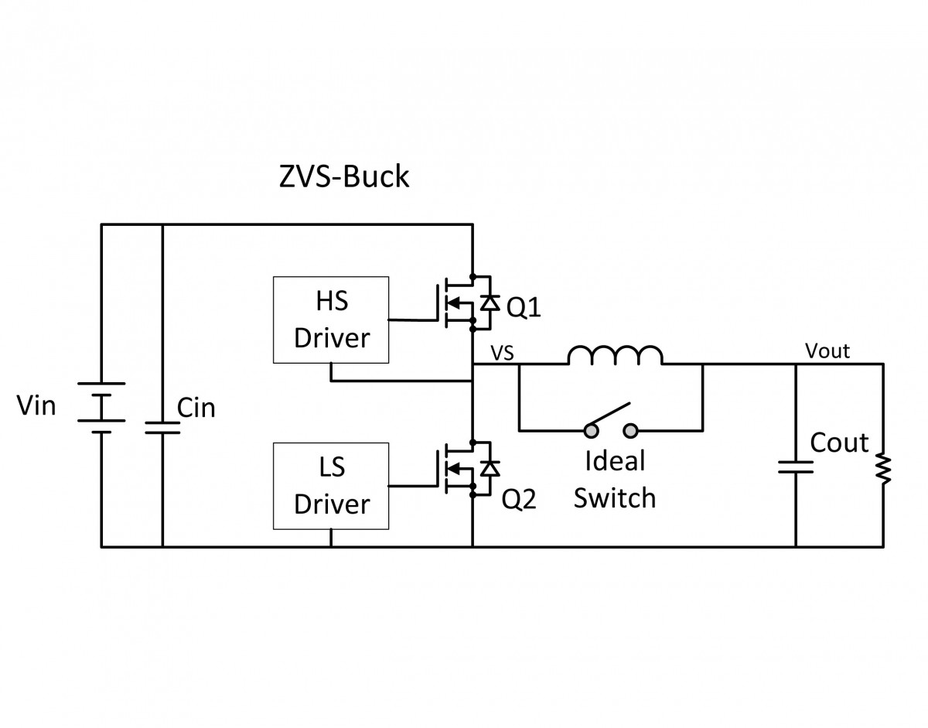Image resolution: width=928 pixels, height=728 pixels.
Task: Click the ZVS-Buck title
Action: click(x=343, y=177)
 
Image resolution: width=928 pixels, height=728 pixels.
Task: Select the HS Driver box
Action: click(x=331, y=320)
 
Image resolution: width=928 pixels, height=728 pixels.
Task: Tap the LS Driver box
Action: click(x=331, y=486)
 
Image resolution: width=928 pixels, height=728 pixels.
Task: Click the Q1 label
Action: click(x=524, y=309)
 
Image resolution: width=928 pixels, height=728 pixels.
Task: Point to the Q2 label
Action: click(x=520, y=500)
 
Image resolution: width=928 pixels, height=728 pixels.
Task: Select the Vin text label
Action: click(x=36, y=404)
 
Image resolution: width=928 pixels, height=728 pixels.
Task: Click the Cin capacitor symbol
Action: click(x=162, y=427)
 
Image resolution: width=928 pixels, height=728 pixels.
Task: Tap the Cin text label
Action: click(x=196, y=408)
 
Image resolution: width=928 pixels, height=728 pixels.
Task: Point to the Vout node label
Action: click(x=827, y=351)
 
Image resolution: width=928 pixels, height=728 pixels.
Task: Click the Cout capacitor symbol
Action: click(x=796, y=467)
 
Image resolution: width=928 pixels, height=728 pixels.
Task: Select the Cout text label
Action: click(x=839, y=443)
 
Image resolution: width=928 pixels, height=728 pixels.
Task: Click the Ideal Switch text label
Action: click(x=615, y=480)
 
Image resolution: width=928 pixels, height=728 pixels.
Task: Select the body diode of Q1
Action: click(x=488, y=302)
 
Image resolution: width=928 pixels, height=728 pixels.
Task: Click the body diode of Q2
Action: click(x=488, y=468)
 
